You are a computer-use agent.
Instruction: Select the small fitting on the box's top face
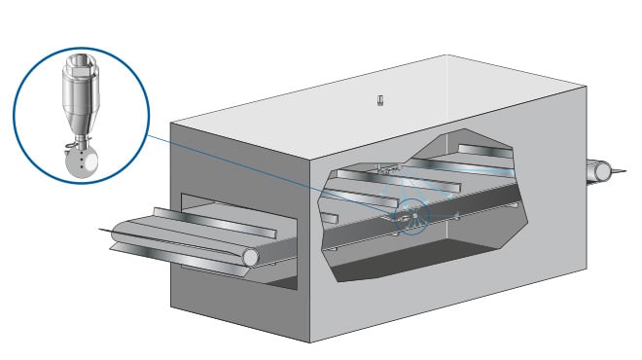pyautogui.click(x=381, y=100)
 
